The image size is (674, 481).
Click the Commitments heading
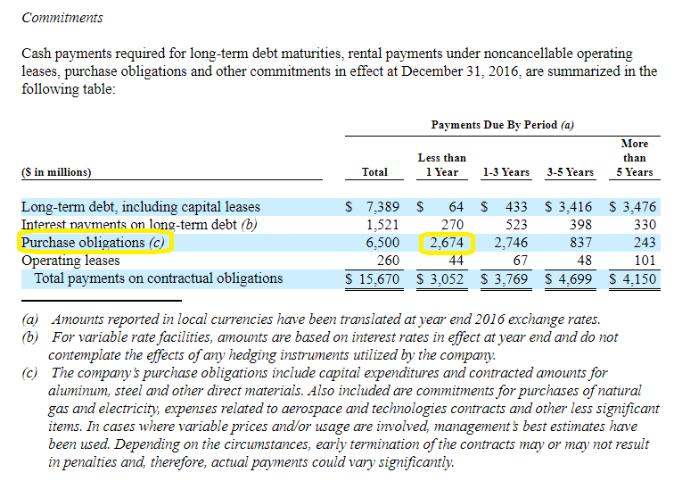point(62,18)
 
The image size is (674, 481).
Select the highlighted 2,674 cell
point(447,242)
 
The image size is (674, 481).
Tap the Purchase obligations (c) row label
point(95,242)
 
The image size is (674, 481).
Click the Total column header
point(374,172)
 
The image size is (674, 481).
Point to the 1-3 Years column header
point(505,172)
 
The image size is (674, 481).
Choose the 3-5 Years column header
point(570,172)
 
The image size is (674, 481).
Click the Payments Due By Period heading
point(502,125)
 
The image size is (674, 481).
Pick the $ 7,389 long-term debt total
point(367,207)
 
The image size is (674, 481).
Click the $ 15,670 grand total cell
point(367,278)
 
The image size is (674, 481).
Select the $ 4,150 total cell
point(634,278)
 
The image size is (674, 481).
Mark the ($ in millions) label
point(57,172)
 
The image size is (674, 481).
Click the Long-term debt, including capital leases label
point(141,207)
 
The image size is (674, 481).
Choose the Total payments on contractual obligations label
point(158,278)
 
